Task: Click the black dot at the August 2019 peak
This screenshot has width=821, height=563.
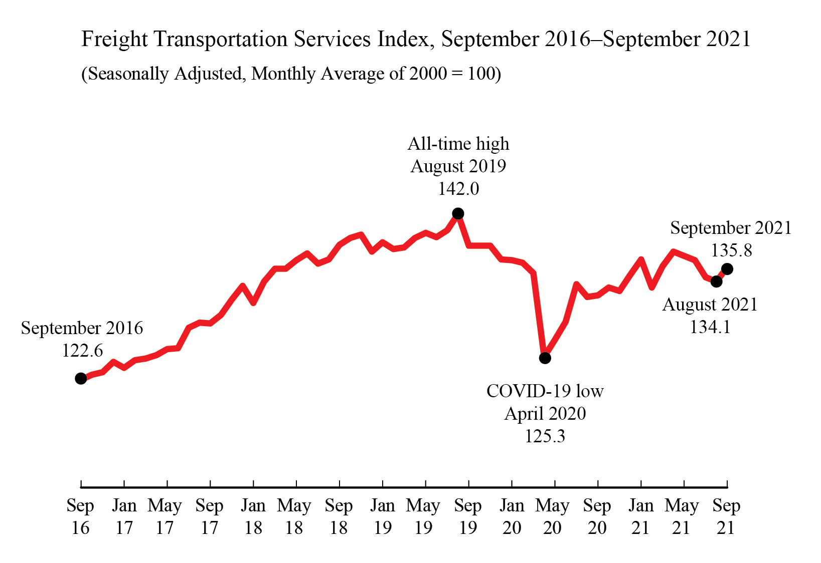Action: point(458,214)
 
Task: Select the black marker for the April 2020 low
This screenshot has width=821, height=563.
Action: point(545,358)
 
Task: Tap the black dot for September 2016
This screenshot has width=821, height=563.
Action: point(81,379)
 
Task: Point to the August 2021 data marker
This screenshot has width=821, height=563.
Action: point(717,281)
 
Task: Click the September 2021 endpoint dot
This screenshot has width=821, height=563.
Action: point(727,269)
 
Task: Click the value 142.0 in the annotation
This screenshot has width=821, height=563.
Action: point(458,189)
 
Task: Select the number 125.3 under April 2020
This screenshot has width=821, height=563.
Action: point(545,436)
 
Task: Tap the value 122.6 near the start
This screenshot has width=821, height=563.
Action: point(82,351)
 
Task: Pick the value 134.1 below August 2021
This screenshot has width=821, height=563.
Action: point(710,327)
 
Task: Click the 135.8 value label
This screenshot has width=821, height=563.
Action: point(731,250)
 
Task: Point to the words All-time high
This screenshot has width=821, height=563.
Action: point(458,144)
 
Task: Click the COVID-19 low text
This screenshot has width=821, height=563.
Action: point(545,391)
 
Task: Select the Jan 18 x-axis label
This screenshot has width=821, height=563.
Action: point(253,516)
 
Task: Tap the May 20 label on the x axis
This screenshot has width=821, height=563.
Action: point(552,516)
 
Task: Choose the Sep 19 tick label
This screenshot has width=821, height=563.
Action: point(468,516)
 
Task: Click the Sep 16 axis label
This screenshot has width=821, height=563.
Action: point(80,516)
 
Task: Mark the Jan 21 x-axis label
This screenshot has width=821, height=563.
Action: point(640,516)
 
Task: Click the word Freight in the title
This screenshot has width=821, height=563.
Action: point(114,40)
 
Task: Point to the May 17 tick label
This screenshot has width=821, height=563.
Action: point(165,516)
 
